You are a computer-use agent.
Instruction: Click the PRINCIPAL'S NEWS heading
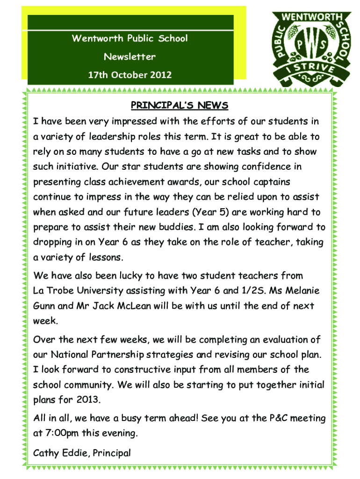coord(180,105)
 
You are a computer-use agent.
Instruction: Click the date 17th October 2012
coord(130,74)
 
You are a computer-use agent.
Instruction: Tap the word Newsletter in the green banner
coord(130,57)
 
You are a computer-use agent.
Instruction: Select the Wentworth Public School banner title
coord(130,38)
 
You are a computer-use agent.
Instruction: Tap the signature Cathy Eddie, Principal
coord(82,452)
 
